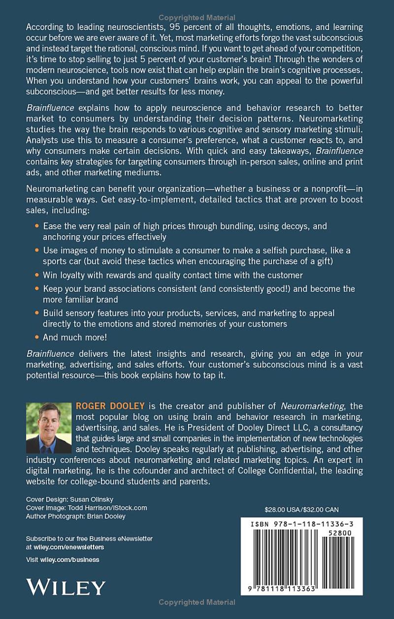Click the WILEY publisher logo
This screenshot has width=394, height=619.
66,588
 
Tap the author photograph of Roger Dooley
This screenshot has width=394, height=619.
48,428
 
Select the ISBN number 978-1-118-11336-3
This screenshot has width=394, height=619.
301,525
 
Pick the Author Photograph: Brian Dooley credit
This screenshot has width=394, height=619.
75,516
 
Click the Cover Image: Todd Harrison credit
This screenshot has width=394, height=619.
86,508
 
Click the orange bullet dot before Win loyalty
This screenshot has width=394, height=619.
38,275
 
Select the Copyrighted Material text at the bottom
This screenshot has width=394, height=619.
197,602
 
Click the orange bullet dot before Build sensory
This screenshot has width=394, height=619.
38,312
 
